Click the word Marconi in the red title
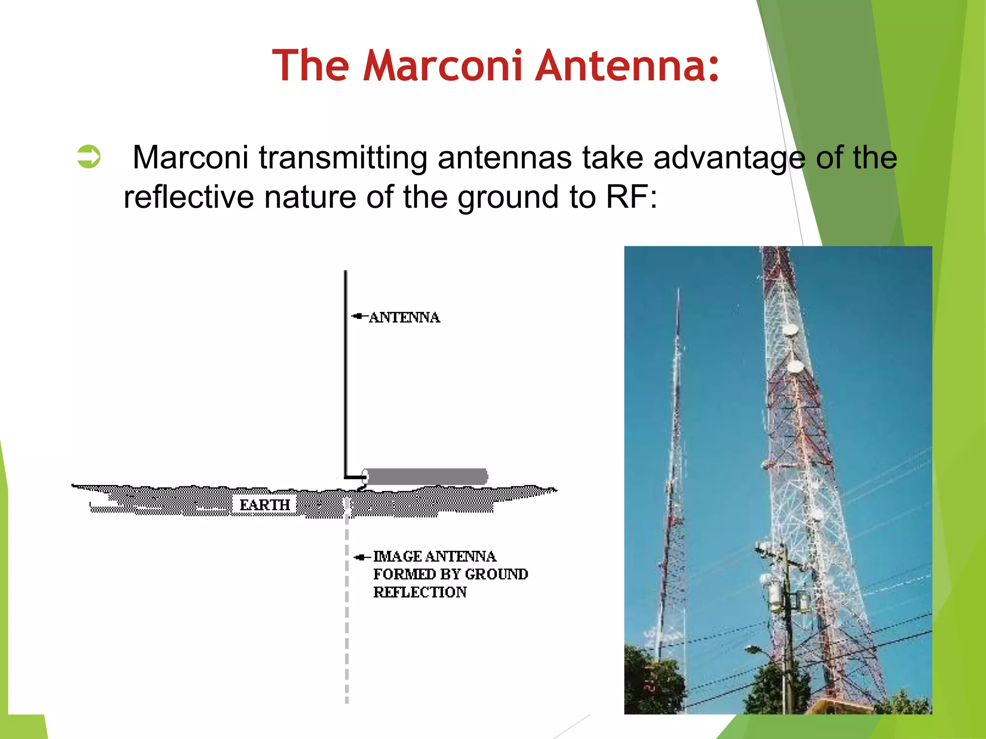[x=442, y=65]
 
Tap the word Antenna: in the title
[x=627, y=65]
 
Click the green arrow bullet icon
[x=89, y=157]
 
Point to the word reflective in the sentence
[x=188, y=197]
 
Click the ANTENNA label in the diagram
[x=404, y=318]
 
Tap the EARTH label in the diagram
[x=265, y=505]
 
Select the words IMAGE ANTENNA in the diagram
[x=434, y=557]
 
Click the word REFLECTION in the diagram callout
[x=420, y=592]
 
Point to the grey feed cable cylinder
[x=426, y=476]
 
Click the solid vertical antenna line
[x=346, y=375]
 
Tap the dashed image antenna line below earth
[x=347, y=625]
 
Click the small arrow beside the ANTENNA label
[x=359, y=316]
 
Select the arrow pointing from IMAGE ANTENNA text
[x=361, y=558]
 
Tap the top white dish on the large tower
[x=791, y=331]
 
